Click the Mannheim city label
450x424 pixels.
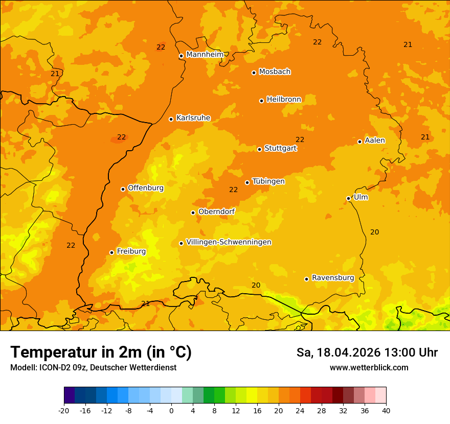tap(205, 54)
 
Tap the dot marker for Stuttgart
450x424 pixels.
tap(260, 149)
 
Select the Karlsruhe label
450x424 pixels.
tap(193, 118)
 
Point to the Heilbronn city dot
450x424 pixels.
tap(261, 101)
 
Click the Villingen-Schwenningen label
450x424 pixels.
tap(229, 242)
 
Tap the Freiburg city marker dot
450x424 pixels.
tap(111, 252)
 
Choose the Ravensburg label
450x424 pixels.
tap(332, 278)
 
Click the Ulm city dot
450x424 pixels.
tap(349, 198)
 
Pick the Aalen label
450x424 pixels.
tap(374, 140)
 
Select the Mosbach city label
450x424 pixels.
tap(275, 72)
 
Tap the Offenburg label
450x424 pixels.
tap(146, 188)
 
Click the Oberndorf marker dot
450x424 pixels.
tap(193, 213)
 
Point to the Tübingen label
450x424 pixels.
tap(268, 181)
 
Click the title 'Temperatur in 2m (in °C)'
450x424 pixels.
tap(101, 352)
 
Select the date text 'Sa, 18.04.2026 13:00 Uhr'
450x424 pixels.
tap(367, 352)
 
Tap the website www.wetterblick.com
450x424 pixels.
tap(369, 367)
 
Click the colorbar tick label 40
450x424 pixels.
tap(386, 411)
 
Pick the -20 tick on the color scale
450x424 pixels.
tap(64, 411)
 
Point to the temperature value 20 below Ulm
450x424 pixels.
tap(374, 232)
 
